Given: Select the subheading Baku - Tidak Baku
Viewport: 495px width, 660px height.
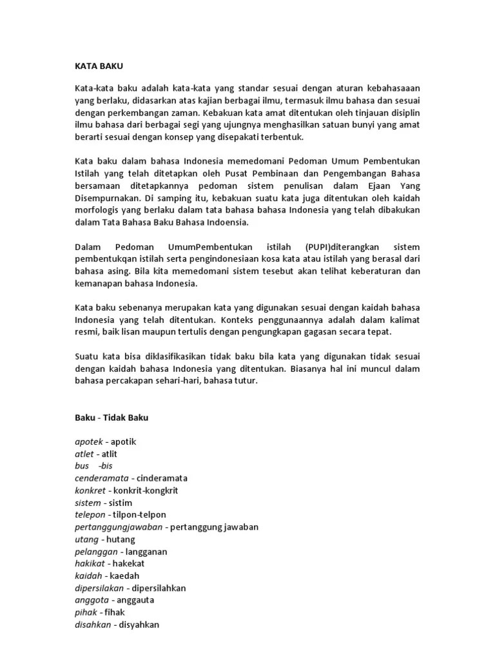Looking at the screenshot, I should (111, 418).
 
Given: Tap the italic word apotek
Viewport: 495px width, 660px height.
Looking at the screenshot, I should (89, 442).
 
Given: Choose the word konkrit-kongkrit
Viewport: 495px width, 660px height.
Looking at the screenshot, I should (146, 490).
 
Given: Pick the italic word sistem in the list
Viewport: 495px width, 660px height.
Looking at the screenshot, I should (88, 503).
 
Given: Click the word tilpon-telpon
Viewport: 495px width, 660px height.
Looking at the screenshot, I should (139, 515).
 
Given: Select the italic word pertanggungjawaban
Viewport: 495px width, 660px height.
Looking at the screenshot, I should (118, 527).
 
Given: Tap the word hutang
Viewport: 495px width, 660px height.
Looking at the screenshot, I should (121, 539).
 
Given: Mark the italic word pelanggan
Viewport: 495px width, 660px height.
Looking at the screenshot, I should (96, 552).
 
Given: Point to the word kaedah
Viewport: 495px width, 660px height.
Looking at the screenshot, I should (124, 576).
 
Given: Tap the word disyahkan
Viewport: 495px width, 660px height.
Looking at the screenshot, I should (137, 625).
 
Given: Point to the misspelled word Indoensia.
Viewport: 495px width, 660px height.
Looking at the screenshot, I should (226, 222).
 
